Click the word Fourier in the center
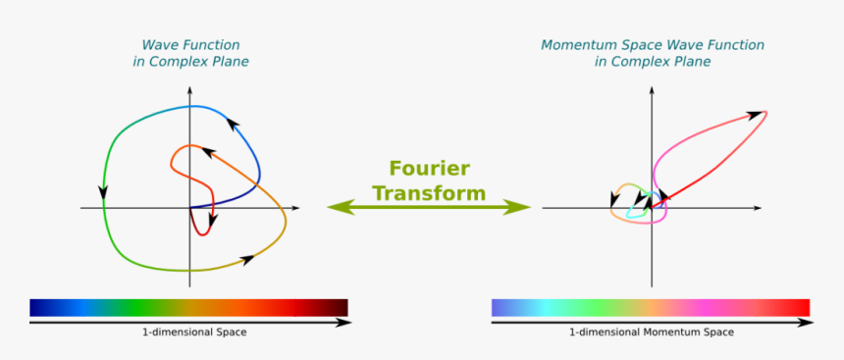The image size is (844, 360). click(429, 168)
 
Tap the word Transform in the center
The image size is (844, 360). click(428, 192)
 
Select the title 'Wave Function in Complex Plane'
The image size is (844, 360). click(190, 53)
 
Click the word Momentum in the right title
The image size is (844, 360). click(580, 45)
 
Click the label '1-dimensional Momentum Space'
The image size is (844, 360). click(651, 333)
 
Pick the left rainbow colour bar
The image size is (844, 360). click(188, 307)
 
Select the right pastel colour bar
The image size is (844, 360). click(651, 307)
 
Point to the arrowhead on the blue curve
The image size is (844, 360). click(234, 122)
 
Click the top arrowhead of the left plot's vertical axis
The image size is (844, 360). click(190, 91)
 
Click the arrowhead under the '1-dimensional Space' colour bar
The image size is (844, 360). click(344, 322)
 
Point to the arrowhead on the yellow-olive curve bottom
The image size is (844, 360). click(247, 259)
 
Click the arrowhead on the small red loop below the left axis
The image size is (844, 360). click(212, 221)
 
